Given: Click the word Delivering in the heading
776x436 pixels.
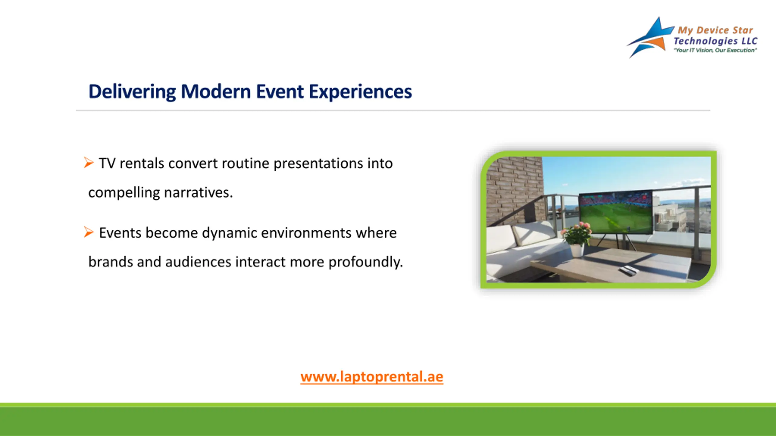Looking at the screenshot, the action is coord(132,91).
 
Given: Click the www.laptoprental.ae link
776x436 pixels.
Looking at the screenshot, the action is coord(372,377).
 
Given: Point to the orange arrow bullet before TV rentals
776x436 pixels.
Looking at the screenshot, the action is coord(89,163).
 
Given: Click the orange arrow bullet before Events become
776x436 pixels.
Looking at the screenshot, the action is coord(89,232).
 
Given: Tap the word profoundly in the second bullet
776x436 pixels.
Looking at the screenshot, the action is coord(366,262).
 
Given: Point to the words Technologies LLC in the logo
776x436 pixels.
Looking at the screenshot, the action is coord(715,41).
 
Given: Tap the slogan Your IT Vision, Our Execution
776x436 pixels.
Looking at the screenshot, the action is coord(715,50).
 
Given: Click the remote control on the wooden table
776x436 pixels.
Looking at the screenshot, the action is coord(628,270).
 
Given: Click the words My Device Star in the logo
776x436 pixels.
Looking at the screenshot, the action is coord(715,30).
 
